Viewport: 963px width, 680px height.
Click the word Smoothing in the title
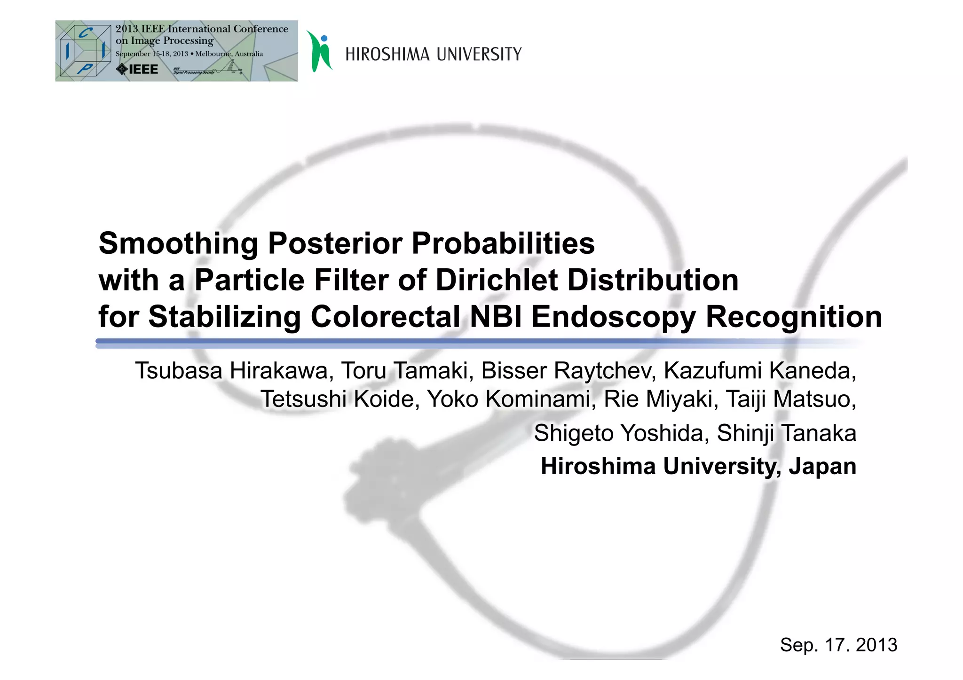178,243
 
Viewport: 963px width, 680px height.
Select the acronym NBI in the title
496,317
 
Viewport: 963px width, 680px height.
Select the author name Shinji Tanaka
786,433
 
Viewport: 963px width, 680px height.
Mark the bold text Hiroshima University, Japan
698,466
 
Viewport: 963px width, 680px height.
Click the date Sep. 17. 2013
838,645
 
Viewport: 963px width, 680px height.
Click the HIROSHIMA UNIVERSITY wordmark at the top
433,55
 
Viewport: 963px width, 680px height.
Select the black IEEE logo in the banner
137,70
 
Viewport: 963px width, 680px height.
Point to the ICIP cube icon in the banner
85,51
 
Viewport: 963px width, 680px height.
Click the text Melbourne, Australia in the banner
229,54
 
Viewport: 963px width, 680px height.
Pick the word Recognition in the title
794,317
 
